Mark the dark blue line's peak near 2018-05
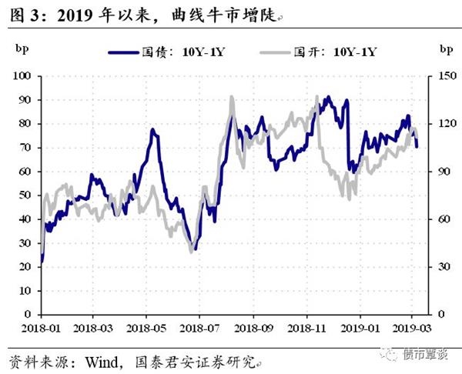coord(152,130)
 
